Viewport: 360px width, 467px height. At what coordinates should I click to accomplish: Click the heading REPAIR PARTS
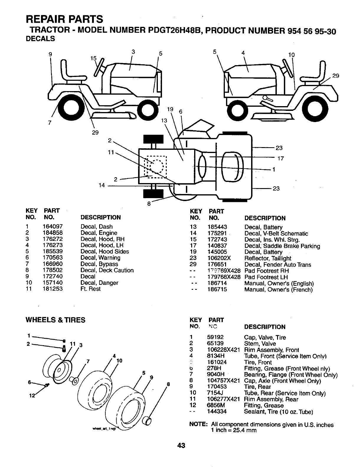(x=65, y=19)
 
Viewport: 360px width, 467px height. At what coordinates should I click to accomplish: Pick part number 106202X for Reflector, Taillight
(x=219, y=258)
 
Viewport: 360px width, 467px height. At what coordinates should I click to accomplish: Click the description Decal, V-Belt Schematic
(x=276, y=233)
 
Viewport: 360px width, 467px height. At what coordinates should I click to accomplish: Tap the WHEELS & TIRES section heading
(x=55, y=320)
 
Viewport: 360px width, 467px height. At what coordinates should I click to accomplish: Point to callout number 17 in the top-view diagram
(x=280, y=159)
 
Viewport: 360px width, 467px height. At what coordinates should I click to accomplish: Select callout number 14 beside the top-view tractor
(x=102, y=185)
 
